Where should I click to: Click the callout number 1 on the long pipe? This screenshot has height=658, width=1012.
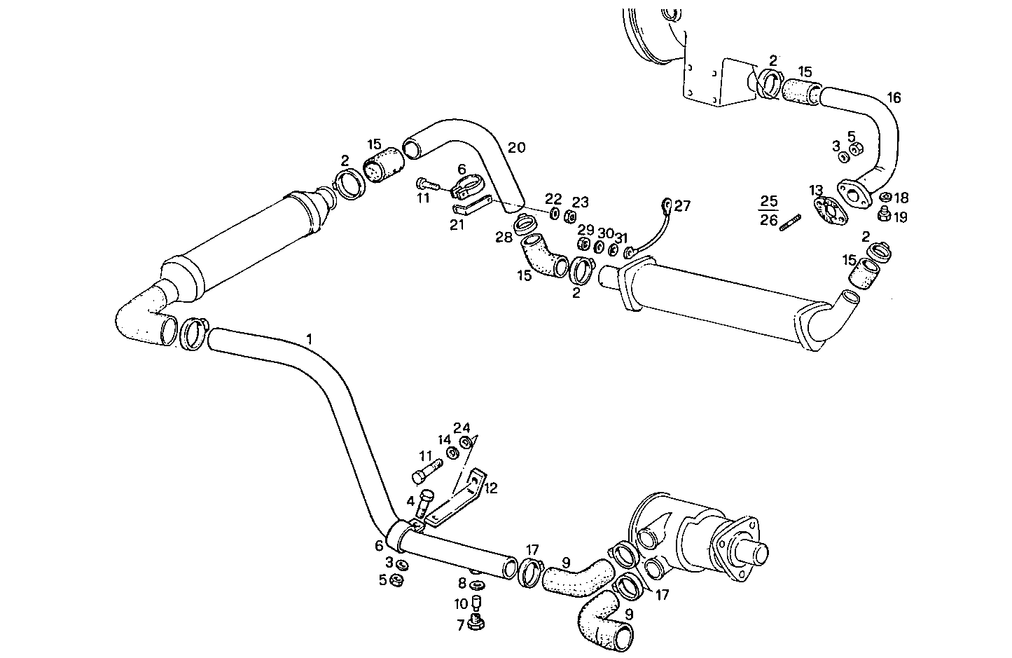[x=309, y=338]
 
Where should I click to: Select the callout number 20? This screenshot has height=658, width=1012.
[x=516, y=147]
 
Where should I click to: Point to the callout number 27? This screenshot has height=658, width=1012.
[x=682, y=205]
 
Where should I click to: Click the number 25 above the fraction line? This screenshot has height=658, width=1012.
[x=768, y=200]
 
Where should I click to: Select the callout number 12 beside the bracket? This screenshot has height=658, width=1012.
[x=490, y=488]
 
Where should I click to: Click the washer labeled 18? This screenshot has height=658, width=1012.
[x=885, y=198]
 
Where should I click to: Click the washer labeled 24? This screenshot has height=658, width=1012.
[x=466, y=443]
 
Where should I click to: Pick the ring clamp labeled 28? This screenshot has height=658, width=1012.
[x=523, y=226]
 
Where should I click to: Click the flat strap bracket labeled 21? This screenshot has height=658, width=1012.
[x=471, y=207]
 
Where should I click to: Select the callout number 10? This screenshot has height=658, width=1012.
[x=460, y=604]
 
